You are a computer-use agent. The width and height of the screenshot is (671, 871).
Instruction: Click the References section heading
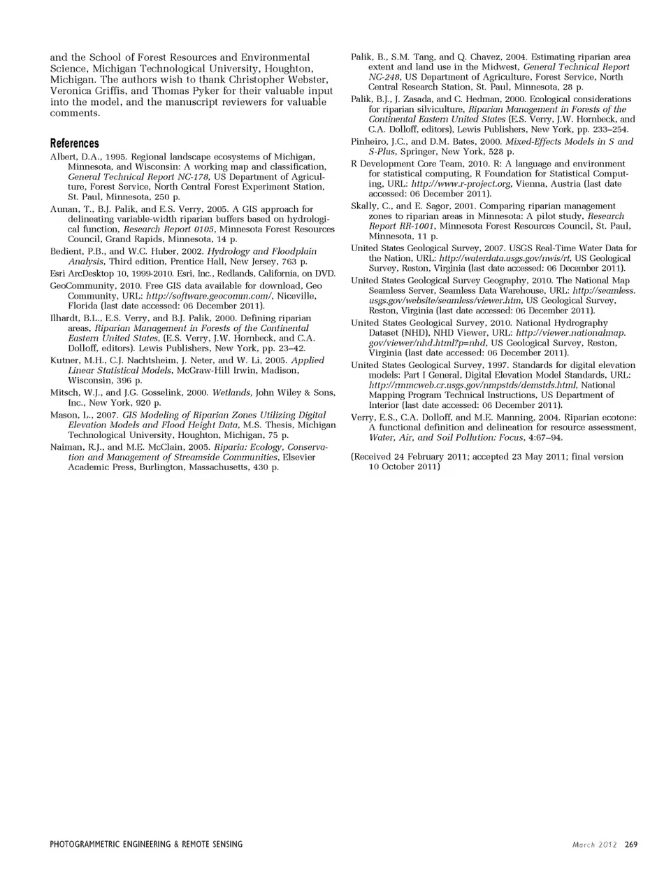click(75, 143)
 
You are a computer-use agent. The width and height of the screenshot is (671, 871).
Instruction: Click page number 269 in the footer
click(631, 844)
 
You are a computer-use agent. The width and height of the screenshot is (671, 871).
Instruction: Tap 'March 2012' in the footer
click(594, 844)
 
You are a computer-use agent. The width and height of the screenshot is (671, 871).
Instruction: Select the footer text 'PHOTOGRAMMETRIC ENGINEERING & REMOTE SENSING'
click(146, 844)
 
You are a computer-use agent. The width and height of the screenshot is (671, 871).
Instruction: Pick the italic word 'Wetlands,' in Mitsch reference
click(233, 392)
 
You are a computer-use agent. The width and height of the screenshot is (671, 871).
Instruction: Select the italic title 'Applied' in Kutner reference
click(308, 360)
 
